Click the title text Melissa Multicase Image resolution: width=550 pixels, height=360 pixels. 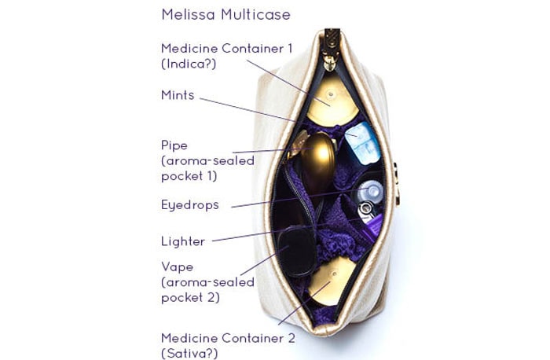click(225, 15)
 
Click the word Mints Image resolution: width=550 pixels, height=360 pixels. click(178, 96)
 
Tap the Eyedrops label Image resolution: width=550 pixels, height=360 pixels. click(190, 204)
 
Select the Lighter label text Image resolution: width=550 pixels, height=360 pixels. click(182, 241)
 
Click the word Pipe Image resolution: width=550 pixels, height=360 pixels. click(174, 145)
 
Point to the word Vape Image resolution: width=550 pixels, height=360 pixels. click(176, 267)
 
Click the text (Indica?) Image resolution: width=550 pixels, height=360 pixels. click(189, 64)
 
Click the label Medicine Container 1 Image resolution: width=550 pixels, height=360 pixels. click(226, 49)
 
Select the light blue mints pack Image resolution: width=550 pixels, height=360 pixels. click(361, 141)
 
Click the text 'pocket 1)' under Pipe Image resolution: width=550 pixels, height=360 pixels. click(189, 175)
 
